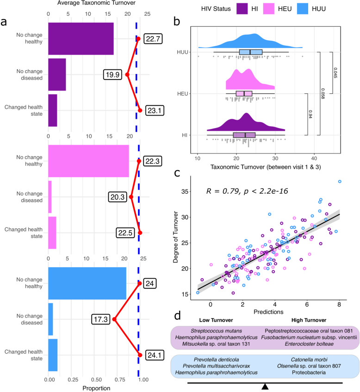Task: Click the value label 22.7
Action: pos(153,39)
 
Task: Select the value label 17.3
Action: pos(100,319)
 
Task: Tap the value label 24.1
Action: pos(155,355)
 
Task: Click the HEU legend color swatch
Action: pos(269,9)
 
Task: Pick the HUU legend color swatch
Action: pos(303,9)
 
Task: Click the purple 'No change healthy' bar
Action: pos(81,39)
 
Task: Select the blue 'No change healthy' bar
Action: pos(87,283)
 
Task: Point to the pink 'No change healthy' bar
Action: pos(88,161)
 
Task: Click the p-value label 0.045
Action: pos(335,73)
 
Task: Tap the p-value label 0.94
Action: pos(310,114)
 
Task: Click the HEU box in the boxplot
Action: pos(244,94)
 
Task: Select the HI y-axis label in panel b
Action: pos(185,135)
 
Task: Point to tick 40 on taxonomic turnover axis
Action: pos(314,158)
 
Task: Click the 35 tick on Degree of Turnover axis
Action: pos(185,191)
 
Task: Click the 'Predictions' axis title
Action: pos(268,312)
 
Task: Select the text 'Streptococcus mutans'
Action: pos(216,331)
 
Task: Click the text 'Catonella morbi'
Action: pos(309,360)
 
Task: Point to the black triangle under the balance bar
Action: pos(265,386)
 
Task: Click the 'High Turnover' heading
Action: pos(309,320)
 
